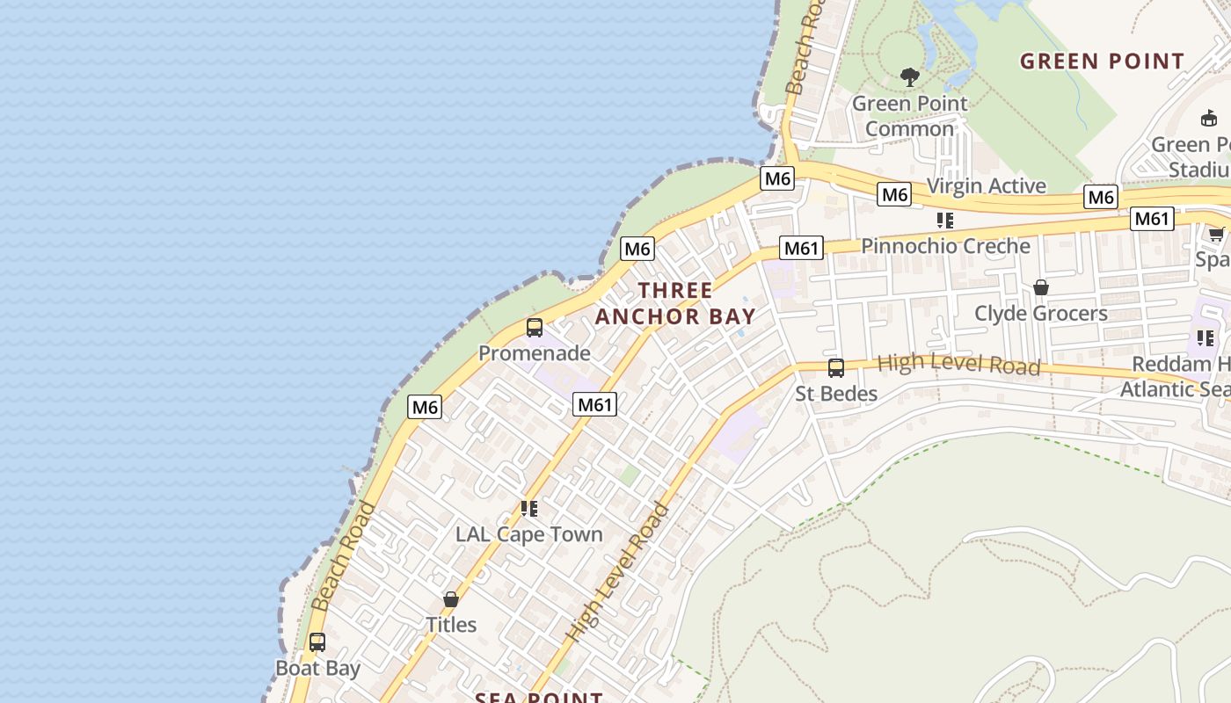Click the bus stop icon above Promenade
click(534, 328)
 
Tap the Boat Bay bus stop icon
click(317, 642)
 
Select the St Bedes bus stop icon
click(835, 367)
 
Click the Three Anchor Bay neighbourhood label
click(675, 303)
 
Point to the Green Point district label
click(1102, 62)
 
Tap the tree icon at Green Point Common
click(910, 77)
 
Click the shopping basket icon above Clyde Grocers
click(1041, 287)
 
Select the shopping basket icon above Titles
click(451, 599)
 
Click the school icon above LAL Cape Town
click(528, 508)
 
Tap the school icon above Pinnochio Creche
click(945, 220)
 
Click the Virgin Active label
click(987, 185)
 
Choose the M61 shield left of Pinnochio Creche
click(801, 248)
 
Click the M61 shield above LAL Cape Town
click(594, 404)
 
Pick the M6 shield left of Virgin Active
click(894, 194)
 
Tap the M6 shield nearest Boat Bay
click(425, 407)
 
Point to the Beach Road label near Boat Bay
click(343, 556)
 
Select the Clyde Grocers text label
click(1040, 314)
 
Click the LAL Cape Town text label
click(528, 534)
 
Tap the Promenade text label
click(534, 353)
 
